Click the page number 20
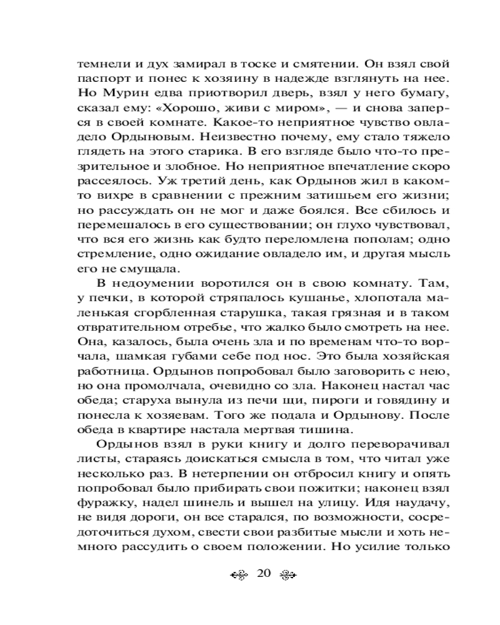coord(262,574)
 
